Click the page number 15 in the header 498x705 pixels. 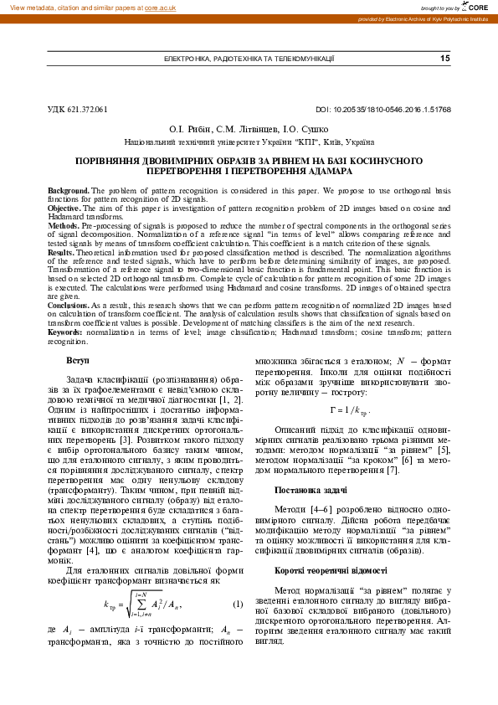(444, 59)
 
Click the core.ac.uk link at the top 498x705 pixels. (162, 7)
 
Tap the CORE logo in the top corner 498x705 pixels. (475, 7)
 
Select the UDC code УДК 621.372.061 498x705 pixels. (78, 109)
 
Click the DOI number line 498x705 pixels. (383, 109)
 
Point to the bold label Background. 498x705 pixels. (69, 191)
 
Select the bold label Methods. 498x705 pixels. (64, 226)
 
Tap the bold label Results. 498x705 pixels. (62, 252)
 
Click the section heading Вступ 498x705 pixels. (78, 360)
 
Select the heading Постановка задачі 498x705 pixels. (306, 487)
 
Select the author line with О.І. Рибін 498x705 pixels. (249, 130)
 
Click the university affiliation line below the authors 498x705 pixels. (249, 143)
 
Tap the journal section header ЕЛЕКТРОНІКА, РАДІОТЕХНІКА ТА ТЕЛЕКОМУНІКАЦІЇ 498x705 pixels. (249, 59)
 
